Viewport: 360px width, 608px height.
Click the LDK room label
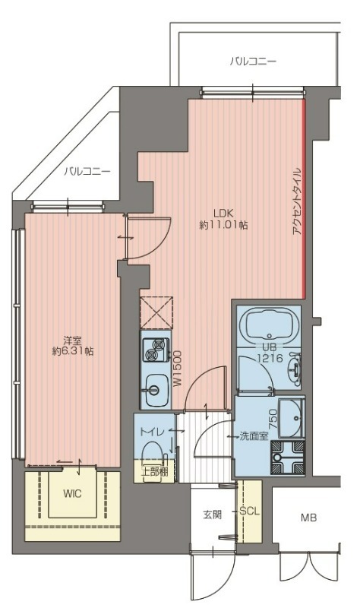[223, 213]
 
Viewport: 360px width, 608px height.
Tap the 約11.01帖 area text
[223, 225]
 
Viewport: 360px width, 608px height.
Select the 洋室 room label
[72, 340]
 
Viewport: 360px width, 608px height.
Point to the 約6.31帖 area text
[73, 352]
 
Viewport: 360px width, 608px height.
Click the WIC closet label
[72, 493]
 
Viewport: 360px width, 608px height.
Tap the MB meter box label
[309, 518]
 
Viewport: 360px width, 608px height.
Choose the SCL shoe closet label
[249, 511]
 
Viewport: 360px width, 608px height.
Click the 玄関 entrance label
[213, 515]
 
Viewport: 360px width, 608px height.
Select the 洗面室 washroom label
[254, 436]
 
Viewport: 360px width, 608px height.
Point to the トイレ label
[153, 432]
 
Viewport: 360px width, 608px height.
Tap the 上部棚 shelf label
[154, 472]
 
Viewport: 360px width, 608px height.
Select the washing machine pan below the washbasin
[288, 458]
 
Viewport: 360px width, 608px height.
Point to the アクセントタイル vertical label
[297, 201]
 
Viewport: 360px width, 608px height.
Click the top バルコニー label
[253, 62]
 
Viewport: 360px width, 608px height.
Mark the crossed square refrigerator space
[156, 313]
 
